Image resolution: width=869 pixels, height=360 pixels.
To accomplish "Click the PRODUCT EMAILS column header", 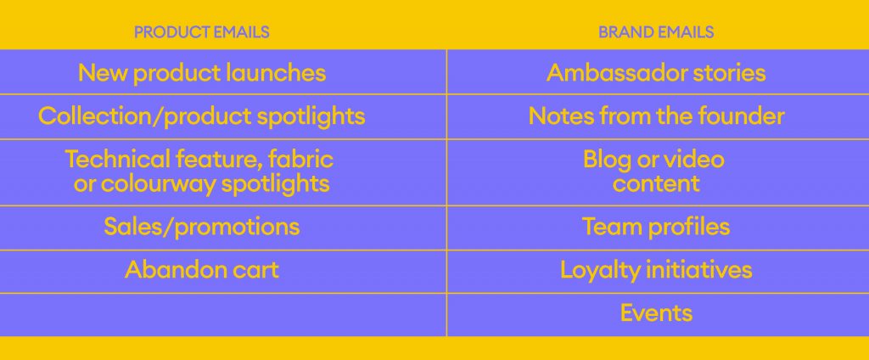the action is click(202, 32).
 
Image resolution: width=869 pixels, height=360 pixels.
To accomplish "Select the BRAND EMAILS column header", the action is click(656, 32).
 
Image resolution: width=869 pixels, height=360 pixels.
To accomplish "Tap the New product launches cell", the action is click(202, 73).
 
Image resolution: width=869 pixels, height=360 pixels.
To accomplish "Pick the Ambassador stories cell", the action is click(656, 73).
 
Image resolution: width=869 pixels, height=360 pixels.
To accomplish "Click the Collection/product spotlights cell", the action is click(202, 116).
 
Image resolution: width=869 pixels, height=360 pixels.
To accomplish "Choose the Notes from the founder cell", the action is click(656, 116).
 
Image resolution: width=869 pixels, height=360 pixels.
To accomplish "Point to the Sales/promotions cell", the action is click(202, 227).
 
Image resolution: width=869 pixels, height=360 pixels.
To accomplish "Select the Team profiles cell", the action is click(656, 227).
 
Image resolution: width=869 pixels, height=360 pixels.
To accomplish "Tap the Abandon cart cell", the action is click(202, 270).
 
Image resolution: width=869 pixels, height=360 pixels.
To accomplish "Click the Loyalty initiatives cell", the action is click(656, 271).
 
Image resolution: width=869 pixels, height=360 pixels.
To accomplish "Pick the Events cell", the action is click(656, 313).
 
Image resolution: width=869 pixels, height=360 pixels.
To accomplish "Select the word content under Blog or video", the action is click(656, 184).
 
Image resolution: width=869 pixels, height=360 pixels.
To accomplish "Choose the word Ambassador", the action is click(615, 73).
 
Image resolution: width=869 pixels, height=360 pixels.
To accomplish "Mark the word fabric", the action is click(300, 160).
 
